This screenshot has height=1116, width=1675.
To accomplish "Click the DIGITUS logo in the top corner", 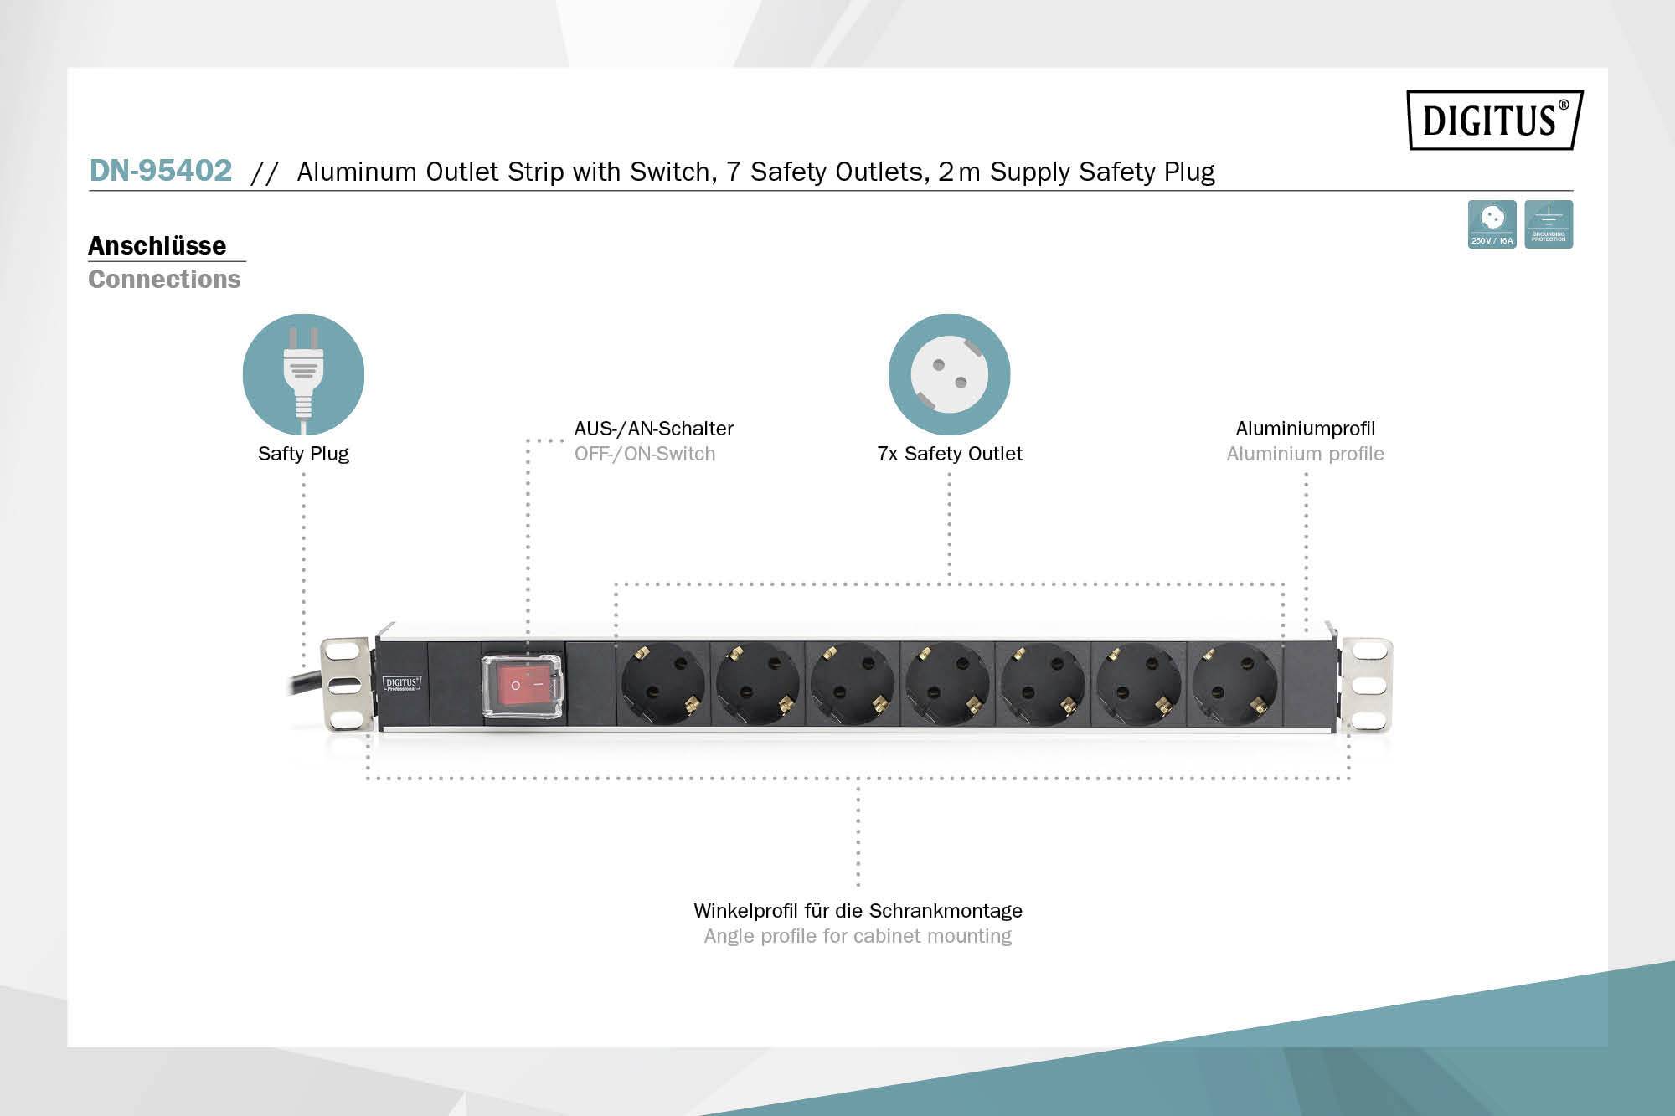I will (1494, 120).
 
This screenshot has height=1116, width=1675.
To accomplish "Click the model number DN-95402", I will (161, 171).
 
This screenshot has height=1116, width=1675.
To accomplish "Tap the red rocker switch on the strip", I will (521, 685).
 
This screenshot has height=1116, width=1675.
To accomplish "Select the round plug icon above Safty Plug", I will (303, 374).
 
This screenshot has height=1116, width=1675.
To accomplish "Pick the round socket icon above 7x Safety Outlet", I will (949, 374).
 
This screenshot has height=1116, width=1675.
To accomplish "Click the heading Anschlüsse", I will (157, 246).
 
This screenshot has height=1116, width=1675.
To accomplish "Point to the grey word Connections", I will (164, 280).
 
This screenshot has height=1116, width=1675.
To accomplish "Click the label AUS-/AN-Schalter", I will (653, 429).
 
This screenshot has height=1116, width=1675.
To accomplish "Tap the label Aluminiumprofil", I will (1305, 429).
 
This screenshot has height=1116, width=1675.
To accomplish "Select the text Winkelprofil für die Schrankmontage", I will (858, 911).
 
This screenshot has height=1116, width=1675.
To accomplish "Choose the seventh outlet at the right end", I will (1234, 683).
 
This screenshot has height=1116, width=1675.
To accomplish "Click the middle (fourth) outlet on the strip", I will (948, 683).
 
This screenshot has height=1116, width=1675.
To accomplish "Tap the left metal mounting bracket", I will (344, 683).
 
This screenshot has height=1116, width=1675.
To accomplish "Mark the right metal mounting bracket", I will (1367, 685).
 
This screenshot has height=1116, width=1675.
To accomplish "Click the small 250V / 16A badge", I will (1492, 224).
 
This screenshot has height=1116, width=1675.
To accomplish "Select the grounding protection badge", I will (1549, 224).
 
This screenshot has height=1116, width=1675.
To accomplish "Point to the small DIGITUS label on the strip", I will (402, 683).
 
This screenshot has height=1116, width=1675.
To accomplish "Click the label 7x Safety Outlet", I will (950, 454).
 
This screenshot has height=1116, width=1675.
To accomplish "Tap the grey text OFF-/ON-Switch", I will (645, 454).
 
